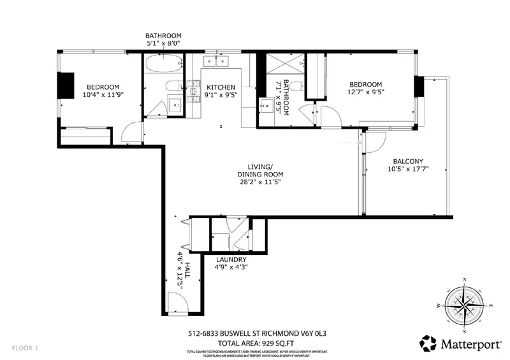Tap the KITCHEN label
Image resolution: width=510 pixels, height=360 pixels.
(x=220, y=87)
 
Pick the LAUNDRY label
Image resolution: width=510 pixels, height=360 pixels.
(x=231, y=259)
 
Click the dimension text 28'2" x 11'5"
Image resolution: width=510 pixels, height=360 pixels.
(x=259, y=182)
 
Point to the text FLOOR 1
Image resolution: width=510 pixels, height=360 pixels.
(x=25, y=349)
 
